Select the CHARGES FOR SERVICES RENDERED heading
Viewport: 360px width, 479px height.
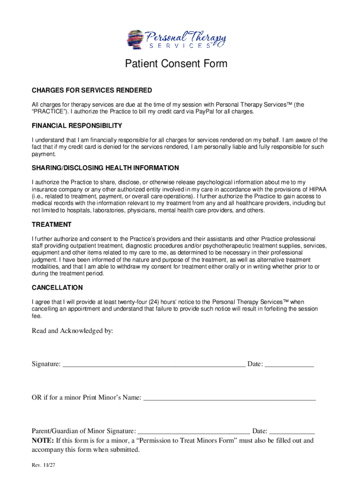point(92,90)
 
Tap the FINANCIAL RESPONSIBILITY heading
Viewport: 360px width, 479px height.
point(77,126)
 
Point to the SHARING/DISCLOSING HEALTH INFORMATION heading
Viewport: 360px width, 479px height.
point(105,168)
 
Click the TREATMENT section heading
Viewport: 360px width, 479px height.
point(51,225)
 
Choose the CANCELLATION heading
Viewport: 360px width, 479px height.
point(57,288)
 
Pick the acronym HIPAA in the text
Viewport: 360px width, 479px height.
point(317,189)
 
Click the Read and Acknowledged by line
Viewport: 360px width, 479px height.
point(72,331)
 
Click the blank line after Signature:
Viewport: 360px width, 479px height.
point(154,365)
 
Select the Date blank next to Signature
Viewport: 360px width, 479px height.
point(289,365)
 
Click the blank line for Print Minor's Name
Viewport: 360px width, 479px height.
point(230,399)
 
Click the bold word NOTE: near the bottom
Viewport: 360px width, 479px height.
point(43,441)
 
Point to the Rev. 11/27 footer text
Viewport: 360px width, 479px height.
point(44,466)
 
